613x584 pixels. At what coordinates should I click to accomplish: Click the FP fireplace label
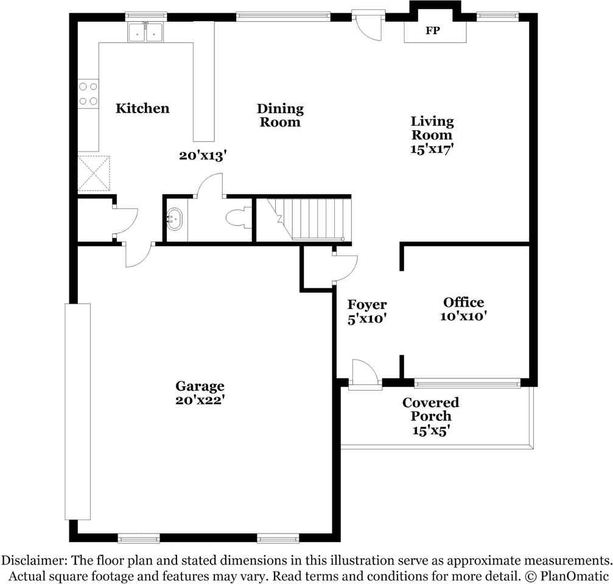tap(432, 30)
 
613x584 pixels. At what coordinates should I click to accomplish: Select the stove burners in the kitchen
tap(88, 94)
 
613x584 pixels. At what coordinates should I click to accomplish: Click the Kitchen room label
tap(142, 109)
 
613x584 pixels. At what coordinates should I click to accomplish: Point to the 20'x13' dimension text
tap(203, 156)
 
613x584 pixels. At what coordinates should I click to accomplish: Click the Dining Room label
tap(280, 115)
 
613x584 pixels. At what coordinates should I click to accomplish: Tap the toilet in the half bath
tap(238, 218)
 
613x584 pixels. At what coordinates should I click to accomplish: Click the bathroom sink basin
tap(175, 218)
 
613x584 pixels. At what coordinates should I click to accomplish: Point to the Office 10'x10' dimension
tap(464, 316)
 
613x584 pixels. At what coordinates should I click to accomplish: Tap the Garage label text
tap(200, 386)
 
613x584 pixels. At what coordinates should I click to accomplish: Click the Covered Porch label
tap(431, 409)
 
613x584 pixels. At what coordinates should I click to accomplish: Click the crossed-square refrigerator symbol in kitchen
tap(94, 173)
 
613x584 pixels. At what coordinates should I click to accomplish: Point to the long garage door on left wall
tap(77, 411)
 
